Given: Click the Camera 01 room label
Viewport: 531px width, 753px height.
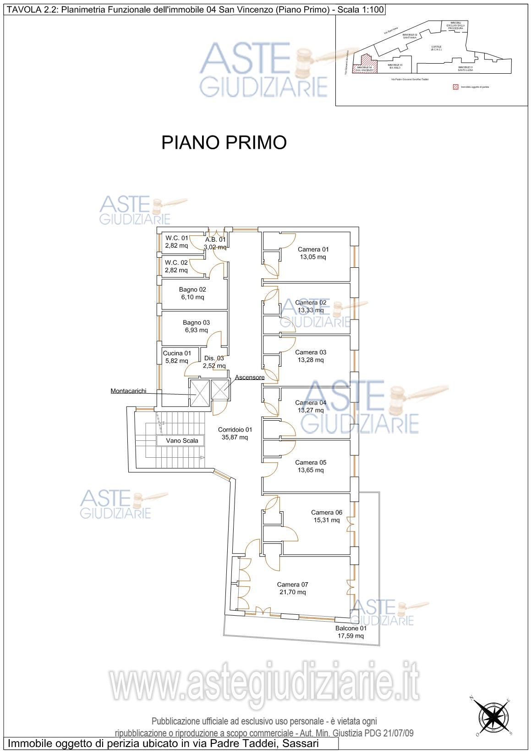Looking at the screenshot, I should pyautogui.click(x=313, y=249).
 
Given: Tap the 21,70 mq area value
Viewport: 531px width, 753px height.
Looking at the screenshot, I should pyautogui.click(x=292, y=592).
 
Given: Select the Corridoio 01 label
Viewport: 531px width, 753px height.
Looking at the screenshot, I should pyautogui.click(x=235, y=429).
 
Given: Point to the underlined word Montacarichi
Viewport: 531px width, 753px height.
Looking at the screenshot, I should pyautogui.click(x=128, y=391).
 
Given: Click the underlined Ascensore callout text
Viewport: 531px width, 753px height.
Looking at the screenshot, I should pyautogui.click(x=250, y=377).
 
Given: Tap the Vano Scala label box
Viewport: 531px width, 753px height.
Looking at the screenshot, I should pyautogui.click(x=182, y=440).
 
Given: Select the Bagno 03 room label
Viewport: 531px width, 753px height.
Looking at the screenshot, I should pyautogui.click(x=196, y=322).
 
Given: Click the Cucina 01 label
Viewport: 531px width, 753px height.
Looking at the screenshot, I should pyautogui.click(x=177, y=353).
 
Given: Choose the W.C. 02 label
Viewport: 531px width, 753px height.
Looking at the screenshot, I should pyautogui.click(x=176, y=262).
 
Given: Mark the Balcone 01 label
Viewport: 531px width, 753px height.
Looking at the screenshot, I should pyautogui.click(x=350, y=628).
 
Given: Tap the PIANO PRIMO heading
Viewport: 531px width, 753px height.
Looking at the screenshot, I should pyautogui.click(x=224, y=142).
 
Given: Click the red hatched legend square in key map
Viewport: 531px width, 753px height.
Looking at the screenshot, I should pyautogui.click(x=455, y=87).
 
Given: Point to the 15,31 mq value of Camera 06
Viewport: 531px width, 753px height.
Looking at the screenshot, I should pyautogui.click(x=327, y=520).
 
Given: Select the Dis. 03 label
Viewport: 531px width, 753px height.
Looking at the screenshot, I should pyautogui.click(x=214, y=358).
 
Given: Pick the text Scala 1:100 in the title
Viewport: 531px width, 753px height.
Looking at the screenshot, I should pyautogui.click(x=361, y=8).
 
